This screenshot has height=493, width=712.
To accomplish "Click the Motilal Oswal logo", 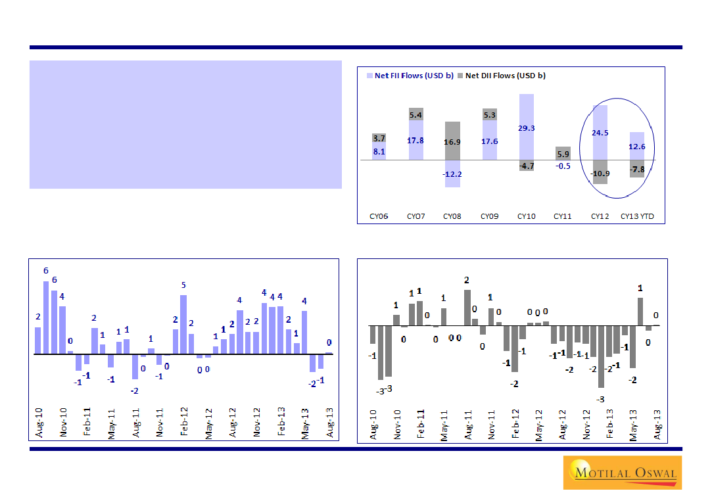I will (622, 472).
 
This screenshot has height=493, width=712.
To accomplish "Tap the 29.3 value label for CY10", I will (526, 128).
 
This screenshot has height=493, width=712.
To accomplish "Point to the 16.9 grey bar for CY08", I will (452, 141).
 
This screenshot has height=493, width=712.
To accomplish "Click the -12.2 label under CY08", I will (452, 174).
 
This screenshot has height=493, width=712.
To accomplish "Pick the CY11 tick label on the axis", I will (563, 216).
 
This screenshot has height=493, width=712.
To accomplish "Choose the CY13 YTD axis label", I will (637, 216).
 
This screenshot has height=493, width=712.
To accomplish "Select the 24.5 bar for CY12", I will (600, 132).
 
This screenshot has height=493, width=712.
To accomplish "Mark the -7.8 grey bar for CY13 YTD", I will (637, 169).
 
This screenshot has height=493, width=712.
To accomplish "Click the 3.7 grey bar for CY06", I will (379, 139).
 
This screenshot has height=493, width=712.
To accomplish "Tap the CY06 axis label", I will (379, 216).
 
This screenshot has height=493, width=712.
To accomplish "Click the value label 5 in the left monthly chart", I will (183, 285).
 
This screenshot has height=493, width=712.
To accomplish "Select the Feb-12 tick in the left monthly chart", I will (185, 423).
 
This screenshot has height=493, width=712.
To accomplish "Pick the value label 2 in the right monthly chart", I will (467, 280).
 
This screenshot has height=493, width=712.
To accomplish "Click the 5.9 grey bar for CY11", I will (563, 154).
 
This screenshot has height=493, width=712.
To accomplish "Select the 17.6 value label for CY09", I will (489, 141).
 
